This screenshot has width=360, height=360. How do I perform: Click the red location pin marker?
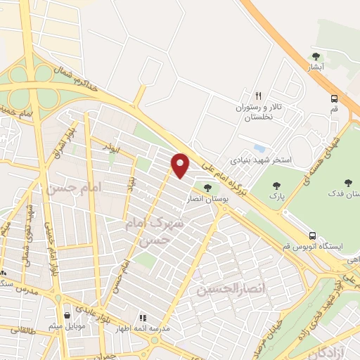181,165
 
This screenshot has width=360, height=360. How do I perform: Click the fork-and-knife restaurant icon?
258,96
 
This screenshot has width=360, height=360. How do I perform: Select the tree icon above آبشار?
316,57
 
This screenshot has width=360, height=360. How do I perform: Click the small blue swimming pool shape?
260,149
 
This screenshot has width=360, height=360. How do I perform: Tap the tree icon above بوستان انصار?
207,187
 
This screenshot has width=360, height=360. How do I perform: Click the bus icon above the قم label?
335,99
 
